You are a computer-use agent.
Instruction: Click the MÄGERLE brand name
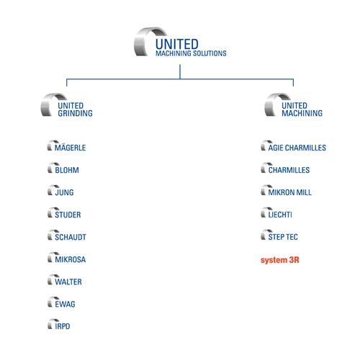[x=70, y=147]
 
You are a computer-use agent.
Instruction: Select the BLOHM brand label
[x=67, y=170]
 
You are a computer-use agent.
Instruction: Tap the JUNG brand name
[x=64, y=192]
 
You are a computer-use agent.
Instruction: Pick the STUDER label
[x=68, y=215]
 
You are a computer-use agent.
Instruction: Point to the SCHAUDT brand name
[x=71, y=237]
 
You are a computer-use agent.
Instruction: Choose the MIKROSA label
[x=71, y=259]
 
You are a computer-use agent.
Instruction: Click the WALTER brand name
[x=68, y=282]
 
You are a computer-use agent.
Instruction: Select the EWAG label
[x=65, y=304]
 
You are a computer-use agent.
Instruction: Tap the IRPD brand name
[x=63, y=326]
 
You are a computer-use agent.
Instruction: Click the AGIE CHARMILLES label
[x=297, y=148]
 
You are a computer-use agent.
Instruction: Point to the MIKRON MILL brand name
[x=290, y=192]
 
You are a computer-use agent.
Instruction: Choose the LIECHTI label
[x=280, y=215]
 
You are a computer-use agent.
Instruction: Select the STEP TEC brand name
[x=283, y=237]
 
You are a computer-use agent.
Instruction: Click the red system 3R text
[x=280, y=260]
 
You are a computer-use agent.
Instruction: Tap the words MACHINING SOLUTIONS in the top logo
[x=191, y=53]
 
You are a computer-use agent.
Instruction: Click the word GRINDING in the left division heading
[x=75, y=113]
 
